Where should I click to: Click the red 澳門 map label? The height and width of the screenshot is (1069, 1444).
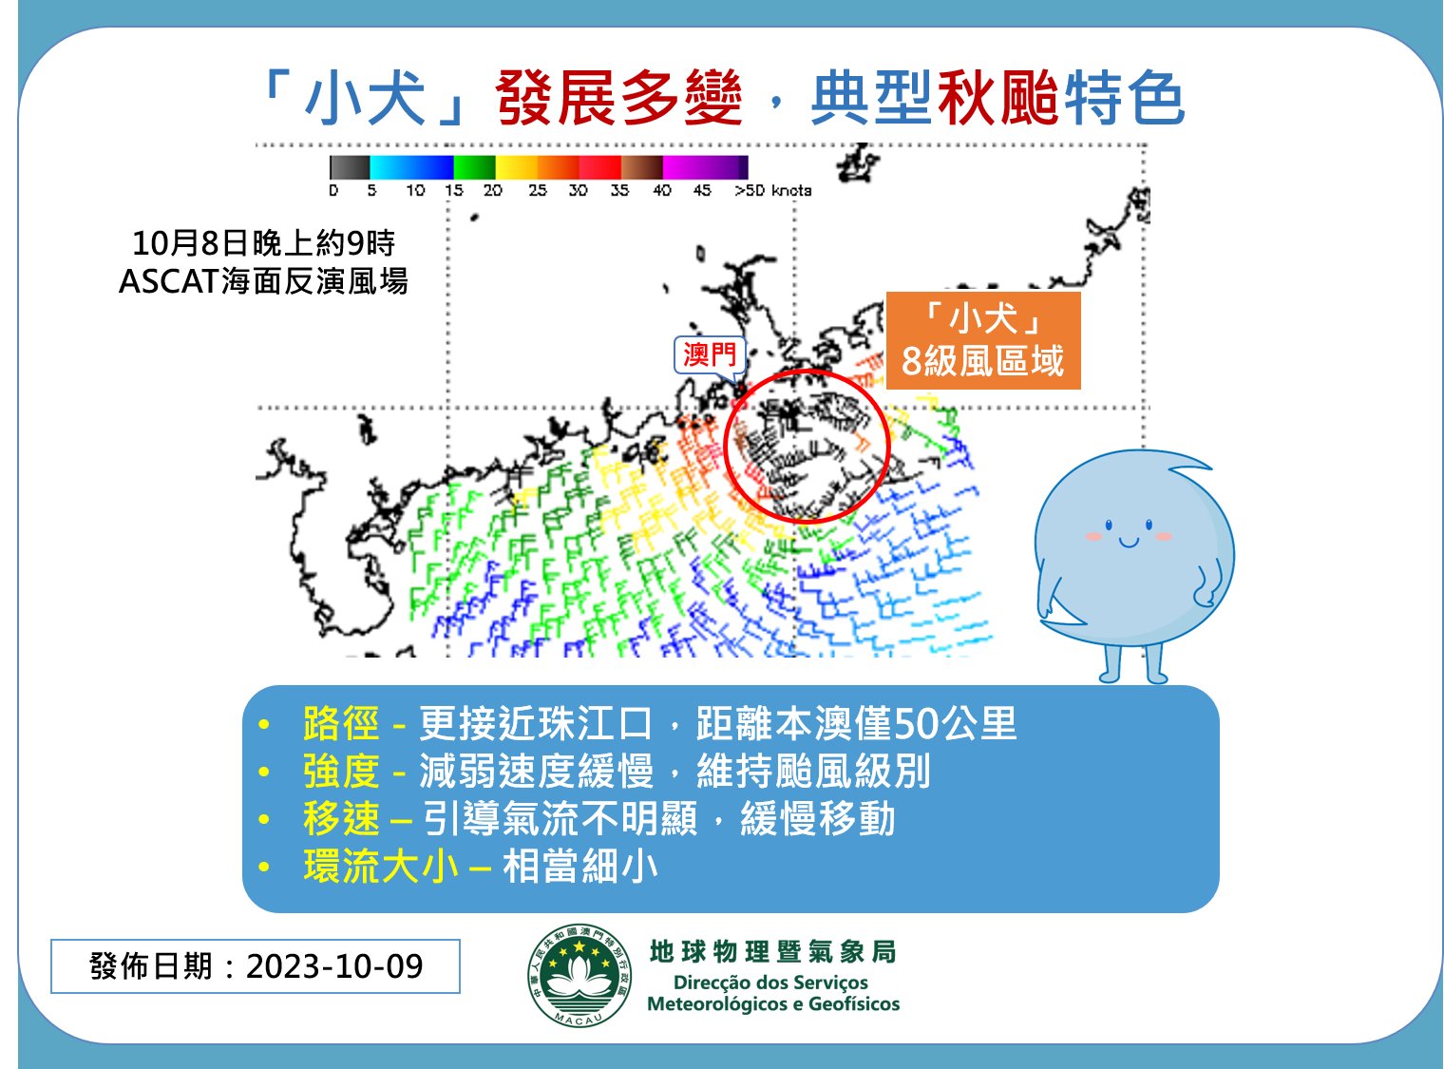(x=709, y=355)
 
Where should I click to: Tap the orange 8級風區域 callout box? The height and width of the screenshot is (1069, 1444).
(x=983, y=340)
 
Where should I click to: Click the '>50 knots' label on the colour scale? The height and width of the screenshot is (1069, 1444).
(x=772, y=190)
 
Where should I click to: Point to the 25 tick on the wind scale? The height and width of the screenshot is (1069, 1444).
(x=537, y=190)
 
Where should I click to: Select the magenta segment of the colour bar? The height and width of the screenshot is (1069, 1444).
(x=705, y=167)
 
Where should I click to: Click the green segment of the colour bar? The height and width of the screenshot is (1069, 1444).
(x=474, y=167)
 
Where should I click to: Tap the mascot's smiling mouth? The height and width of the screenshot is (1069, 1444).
(x=1129, y=542)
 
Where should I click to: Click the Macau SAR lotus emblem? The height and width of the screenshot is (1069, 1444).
(x=579, y=975)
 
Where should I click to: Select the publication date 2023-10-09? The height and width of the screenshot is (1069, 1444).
(x=334, y=966)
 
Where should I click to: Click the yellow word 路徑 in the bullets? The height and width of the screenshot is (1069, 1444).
(x=341, y=723)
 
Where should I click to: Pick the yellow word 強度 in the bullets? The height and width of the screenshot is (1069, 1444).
(x=341, y=772)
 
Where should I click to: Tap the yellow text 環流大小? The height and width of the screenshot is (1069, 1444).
(x=381, y=867)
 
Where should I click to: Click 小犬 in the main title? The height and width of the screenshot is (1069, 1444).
(x=365, y=98)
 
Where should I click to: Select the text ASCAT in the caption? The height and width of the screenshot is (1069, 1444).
(x=167, y=281)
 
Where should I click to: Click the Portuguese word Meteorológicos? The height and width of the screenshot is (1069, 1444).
(x=723, y=1003)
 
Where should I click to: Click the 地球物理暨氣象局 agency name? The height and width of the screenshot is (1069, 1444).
(x=772, y=952)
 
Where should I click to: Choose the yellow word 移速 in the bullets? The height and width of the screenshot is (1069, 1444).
(x=341, y=819)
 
